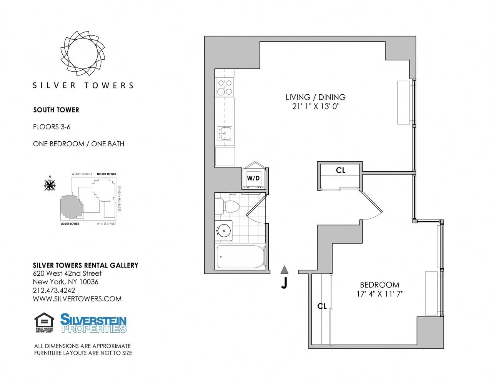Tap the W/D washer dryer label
(x=253, y=178)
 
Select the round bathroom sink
(x=224, y=231)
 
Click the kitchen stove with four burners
(x=225, y=87)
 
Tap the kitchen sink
(x=225, y=133)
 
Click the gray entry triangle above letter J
(x=284, y=269)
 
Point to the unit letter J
(x=284, y=283)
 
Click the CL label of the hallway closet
(x=341, y=170)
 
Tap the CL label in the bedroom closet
(x=322, y=306)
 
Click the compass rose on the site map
(x=50, y=185)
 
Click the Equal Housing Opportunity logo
(x=44, y=322)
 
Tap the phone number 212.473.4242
(x=54, y=290)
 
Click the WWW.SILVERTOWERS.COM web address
(x=77, y=299)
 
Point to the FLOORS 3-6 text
(x=52, y=127)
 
